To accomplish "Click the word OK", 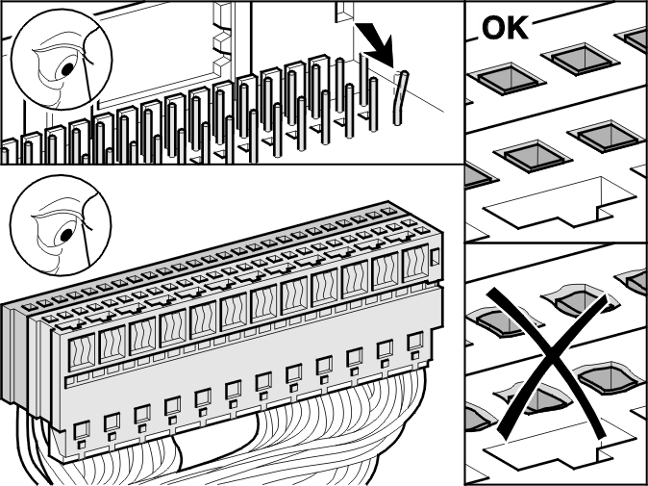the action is (505, 28).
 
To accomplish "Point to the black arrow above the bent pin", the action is (375, 44).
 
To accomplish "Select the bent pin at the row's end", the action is (401, 98).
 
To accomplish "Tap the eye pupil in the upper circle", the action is (67, 69).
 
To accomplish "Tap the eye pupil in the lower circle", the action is (67, 236).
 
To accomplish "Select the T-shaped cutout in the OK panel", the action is (560, 202).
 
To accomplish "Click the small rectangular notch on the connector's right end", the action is (435, 258).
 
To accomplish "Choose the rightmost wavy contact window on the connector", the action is (415, 264).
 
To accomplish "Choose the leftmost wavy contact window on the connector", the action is (82, 352).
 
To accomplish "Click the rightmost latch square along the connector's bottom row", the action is (415, 342).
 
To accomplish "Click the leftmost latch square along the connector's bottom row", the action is (82, 430).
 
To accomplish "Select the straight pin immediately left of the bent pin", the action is (373, 104).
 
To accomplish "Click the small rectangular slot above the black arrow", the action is (344, 12).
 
